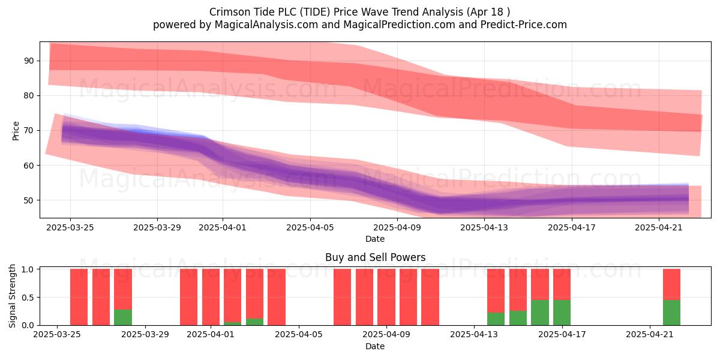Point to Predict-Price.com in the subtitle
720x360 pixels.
pyautogui.click(x=524, y=25)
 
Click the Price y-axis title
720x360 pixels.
pyautogui.click(x=16, y=131)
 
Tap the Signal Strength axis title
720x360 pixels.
pyautogui.click(x=12, y=296)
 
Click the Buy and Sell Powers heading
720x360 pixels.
pyautogui.click(x=375, y=257)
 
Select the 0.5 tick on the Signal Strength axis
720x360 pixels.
pyautogui.click(x=28, y=298)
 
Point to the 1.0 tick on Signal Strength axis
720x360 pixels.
pyautogui.click(x=28, y=269)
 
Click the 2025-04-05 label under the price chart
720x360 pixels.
pyautogui.click(x=310, y=227)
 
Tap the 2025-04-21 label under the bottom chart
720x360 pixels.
pyautogui.click(x=650, y=334)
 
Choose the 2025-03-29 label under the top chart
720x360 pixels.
pyautogui.click(x=157, y=227)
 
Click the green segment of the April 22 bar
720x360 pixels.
pyautogui.click(x=672, y=313)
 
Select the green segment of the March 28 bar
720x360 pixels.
pyautogui.click(x=123, y=317)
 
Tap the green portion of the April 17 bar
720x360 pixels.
pyautogui.click(x=562, y=313)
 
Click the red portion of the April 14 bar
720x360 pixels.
pyautogui.click(x=496, y=290)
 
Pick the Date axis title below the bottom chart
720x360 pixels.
pyautogui.click(x=375, y=346)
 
